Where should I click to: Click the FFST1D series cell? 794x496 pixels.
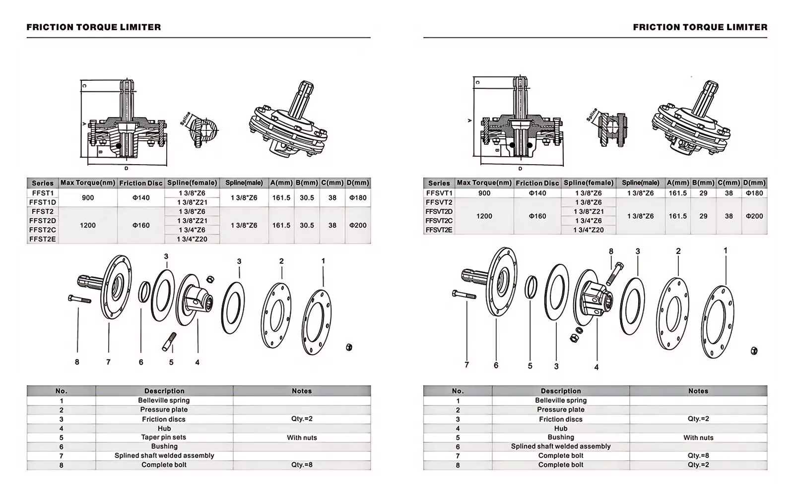tap(43, 202)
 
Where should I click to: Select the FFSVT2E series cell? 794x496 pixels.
tap(439, 230)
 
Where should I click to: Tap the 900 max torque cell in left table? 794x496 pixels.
tap(88, 197)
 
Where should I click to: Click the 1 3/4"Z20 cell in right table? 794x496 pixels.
tap(589, 230)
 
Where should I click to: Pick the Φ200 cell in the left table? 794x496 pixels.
tap(357, 225)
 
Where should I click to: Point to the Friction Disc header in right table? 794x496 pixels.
tap(537, 183)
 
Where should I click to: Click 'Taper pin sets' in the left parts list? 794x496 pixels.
tap(164, 437)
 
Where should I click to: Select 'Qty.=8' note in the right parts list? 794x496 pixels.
tap(698, 456)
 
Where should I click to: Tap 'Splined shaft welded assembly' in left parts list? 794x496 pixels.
tap(164, 456)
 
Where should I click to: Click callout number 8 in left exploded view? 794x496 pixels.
tap(77, 362)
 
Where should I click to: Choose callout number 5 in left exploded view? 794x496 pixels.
tap(171, 363)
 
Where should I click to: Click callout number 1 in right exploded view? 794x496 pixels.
tap(726, 251)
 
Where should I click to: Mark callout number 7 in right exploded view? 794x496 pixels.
tap(466, 365)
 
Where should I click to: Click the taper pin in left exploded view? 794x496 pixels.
tap(169, 341)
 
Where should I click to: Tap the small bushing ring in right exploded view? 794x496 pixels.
tap(530, 287)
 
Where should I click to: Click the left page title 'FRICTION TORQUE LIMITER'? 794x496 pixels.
tap(94, 27)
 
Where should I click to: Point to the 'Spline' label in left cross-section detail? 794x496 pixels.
tap(186, 120)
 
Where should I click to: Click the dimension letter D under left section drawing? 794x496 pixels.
tap(126, 169)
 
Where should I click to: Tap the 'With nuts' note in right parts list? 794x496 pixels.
tap(698, 437)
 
